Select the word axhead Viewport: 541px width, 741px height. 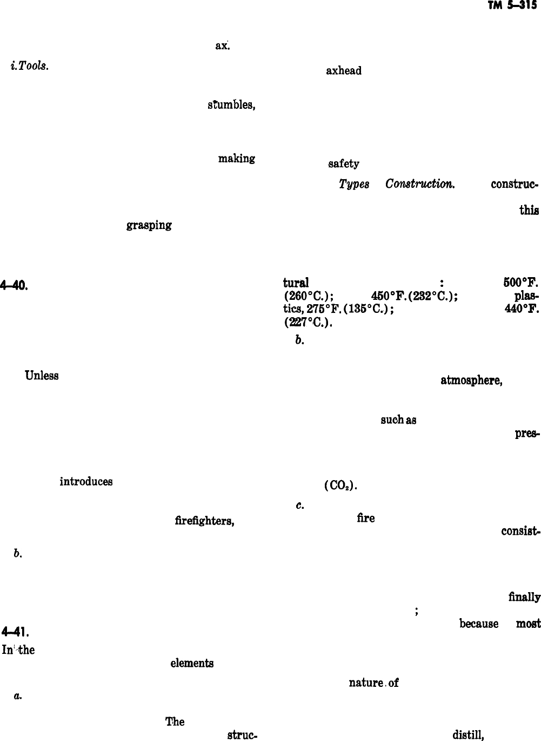click(343, 71)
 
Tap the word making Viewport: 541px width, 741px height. click(236, 159)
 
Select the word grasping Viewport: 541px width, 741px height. click(149, 226)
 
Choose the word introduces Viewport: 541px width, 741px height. click(86, 481)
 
